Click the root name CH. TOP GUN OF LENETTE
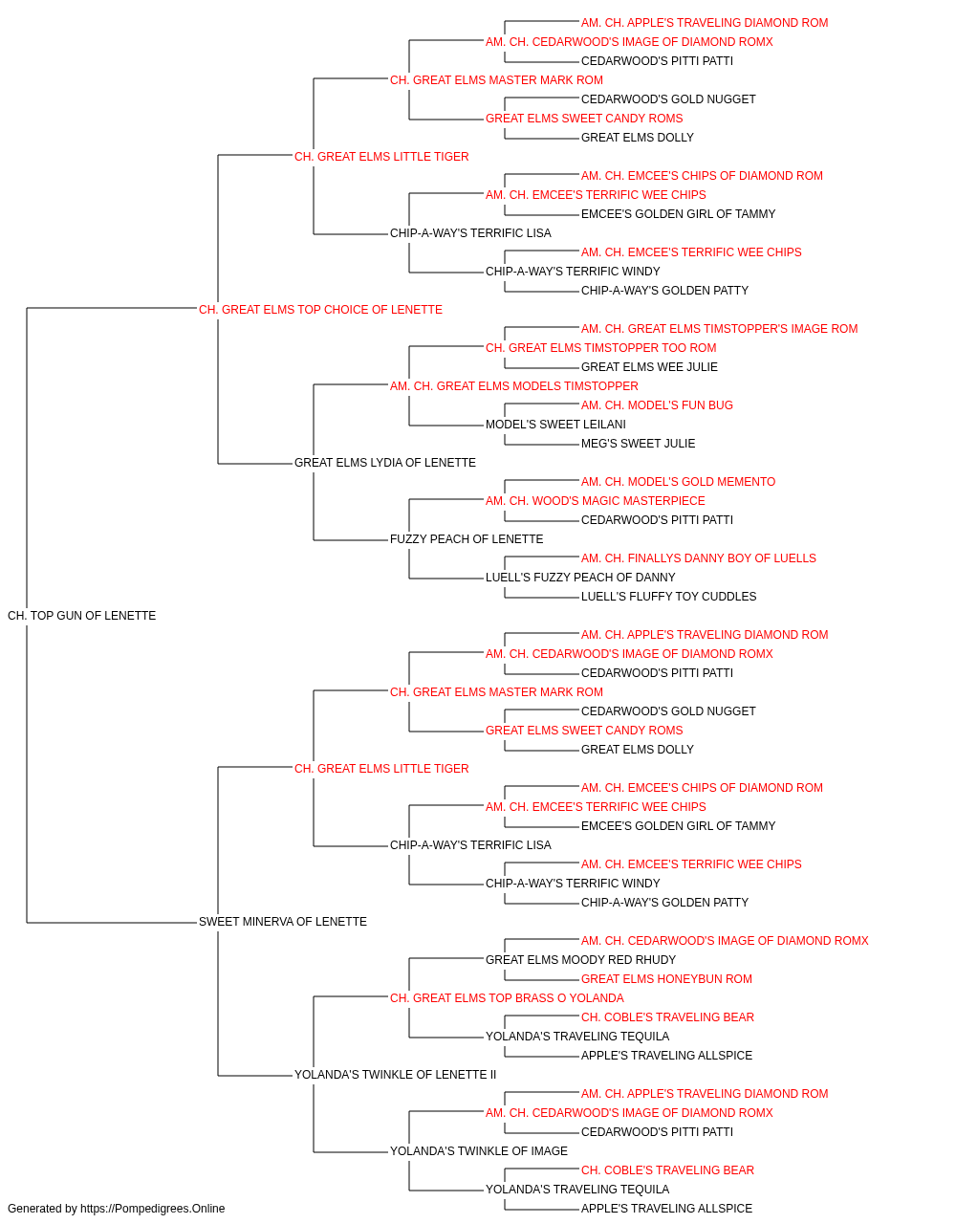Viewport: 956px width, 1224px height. click(x=81, y=616)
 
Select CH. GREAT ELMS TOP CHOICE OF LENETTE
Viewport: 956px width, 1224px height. click(x=320, y=310)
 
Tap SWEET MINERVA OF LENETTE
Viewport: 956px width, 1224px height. click(x=283, y=922)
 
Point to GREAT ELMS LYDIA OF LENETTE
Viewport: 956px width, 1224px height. click(x=385, y=463)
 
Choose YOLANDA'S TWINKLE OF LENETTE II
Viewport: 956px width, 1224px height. click(x=395, y=1075)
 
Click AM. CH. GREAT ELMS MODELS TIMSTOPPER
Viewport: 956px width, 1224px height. click(x=514, y=386)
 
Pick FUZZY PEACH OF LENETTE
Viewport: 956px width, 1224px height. click(x=467, y=539)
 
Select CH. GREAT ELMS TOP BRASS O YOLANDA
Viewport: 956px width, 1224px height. click(x=507, y=998)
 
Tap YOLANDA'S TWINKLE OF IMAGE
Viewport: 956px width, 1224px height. click(x=479, y=1151)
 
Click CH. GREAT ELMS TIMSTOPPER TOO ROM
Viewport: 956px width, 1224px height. click(x=600, y=348)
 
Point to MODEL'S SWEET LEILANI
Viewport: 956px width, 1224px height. click(x=555, y=425)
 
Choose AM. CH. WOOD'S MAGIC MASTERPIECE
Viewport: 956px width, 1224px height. click(x=595, y=501)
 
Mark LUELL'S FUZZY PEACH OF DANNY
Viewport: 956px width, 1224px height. click(x=580, y=578)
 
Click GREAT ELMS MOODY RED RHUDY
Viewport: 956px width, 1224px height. click(x=580, y=960)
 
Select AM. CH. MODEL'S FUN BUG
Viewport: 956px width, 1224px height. click(x=657, y=405)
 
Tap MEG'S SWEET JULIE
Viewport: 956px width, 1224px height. click(x=638, y=444)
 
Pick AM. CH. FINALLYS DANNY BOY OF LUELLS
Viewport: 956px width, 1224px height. click(x=699, y=558)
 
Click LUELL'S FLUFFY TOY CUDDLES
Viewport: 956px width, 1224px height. click(x=669, y=597)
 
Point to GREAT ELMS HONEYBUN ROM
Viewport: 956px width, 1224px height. click(x=666, y=979)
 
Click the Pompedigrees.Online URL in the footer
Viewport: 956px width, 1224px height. click(x=152, y=1209)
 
